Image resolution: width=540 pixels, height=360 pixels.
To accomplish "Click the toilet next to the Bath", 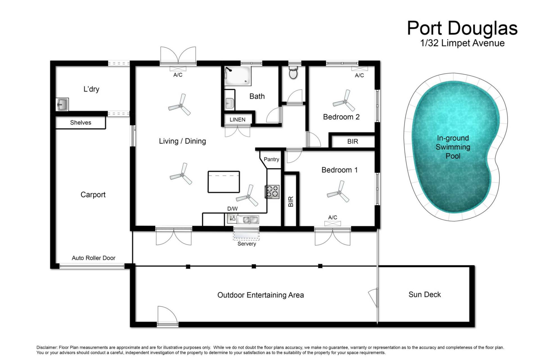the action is tap(293, 72).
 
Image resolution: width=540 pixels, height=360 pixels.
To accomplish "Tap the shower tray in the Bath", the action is tap(237, 76).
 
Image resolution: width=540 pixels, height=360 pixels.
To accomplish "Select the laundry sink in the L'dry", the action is tap(62, 104).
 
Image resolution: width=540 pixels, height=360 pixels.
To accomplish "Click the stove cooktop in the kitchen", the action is tap(272, 192).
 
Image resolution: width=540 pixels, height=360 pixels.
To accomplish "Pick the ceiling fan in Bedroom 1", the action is tap(338, 192).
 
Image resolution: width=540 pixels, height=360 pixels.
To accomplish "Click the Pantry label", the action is tap(271, 159).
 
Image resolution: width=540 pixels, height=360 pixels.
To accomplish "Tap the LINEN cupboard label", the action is tap(237, 120).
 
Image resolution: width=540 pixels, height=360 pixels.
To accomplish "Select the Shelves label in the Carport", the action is tap(81, 123).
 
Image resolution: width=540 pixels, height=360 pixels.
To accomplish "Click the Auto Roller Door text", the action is tap(94, 258).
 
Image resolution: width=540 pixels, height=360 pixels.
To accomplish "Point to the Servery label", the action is tap(247, 244).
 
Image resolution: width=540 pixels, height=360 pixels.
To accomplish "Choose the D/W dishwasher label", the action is tap(232, 209).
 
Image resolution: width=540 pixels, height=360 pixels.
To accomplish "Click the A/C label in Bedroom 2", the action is tap(359, 75).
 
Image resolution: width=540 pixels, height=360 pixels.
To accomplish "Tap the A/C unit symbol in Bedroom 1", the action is tap(332, 223).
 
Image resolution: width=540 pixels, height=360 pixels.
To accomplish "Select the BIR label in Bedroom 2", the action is tap(353, 142).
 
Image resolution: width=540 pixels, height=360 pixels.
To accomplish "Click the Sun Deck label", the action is tap(425, 295).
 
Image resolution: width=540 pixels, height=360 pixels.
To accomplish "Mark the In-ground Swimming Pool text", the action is tap(453, 147).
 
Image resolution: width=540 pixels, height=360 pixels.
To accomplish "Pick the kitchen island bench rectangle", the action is tap(224, 182).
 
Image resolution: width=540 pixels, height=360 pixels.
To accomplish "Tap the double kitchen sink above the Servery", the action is tap(247, 220).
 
